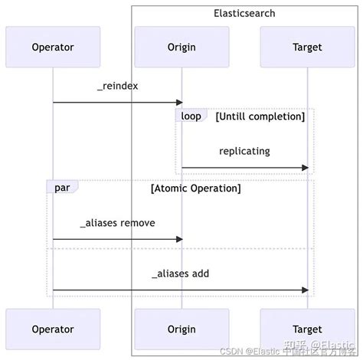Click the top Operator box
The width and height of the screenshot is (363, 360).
(x=53, y=47)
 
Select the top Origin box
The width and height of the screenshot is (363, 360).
(x=181, y=47)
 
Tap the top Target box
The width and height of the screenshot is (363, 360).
(x=307, y=47)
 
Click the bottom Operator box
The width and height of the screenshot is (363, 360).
(x=53, y=329)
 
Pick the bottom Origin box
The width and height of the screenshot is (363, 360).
(x=181, y=329)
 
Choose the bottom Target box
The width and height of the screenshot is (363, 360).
(x=307, y=329)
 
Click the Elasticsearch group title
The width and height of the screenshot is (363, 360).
(x=244, y=14)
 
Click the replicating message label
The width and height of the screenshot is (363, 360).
(x=244, y=151)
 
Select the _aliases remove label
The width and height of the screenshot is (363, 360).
(x=117, y=223)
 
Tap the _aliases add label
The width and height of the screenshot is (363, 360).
(x=180, y=273)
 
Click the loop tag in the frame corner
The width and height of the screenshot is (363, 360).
(x=191, y=116)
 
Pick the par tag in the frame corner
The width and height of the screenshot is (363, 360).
(x=61, y=188)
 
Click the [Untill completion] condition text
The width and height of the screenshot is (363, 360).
(x=260, y=116)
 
